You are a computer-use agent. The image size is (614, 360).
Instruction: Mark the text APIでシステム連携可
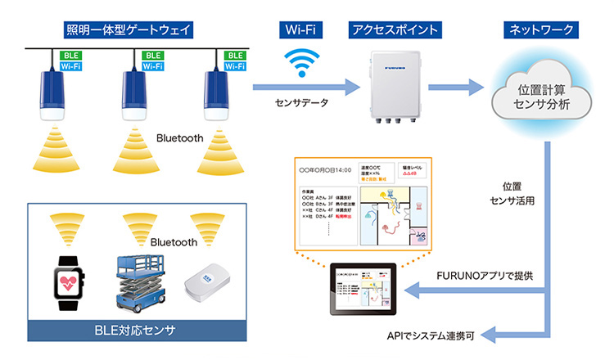pos(432,335)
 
